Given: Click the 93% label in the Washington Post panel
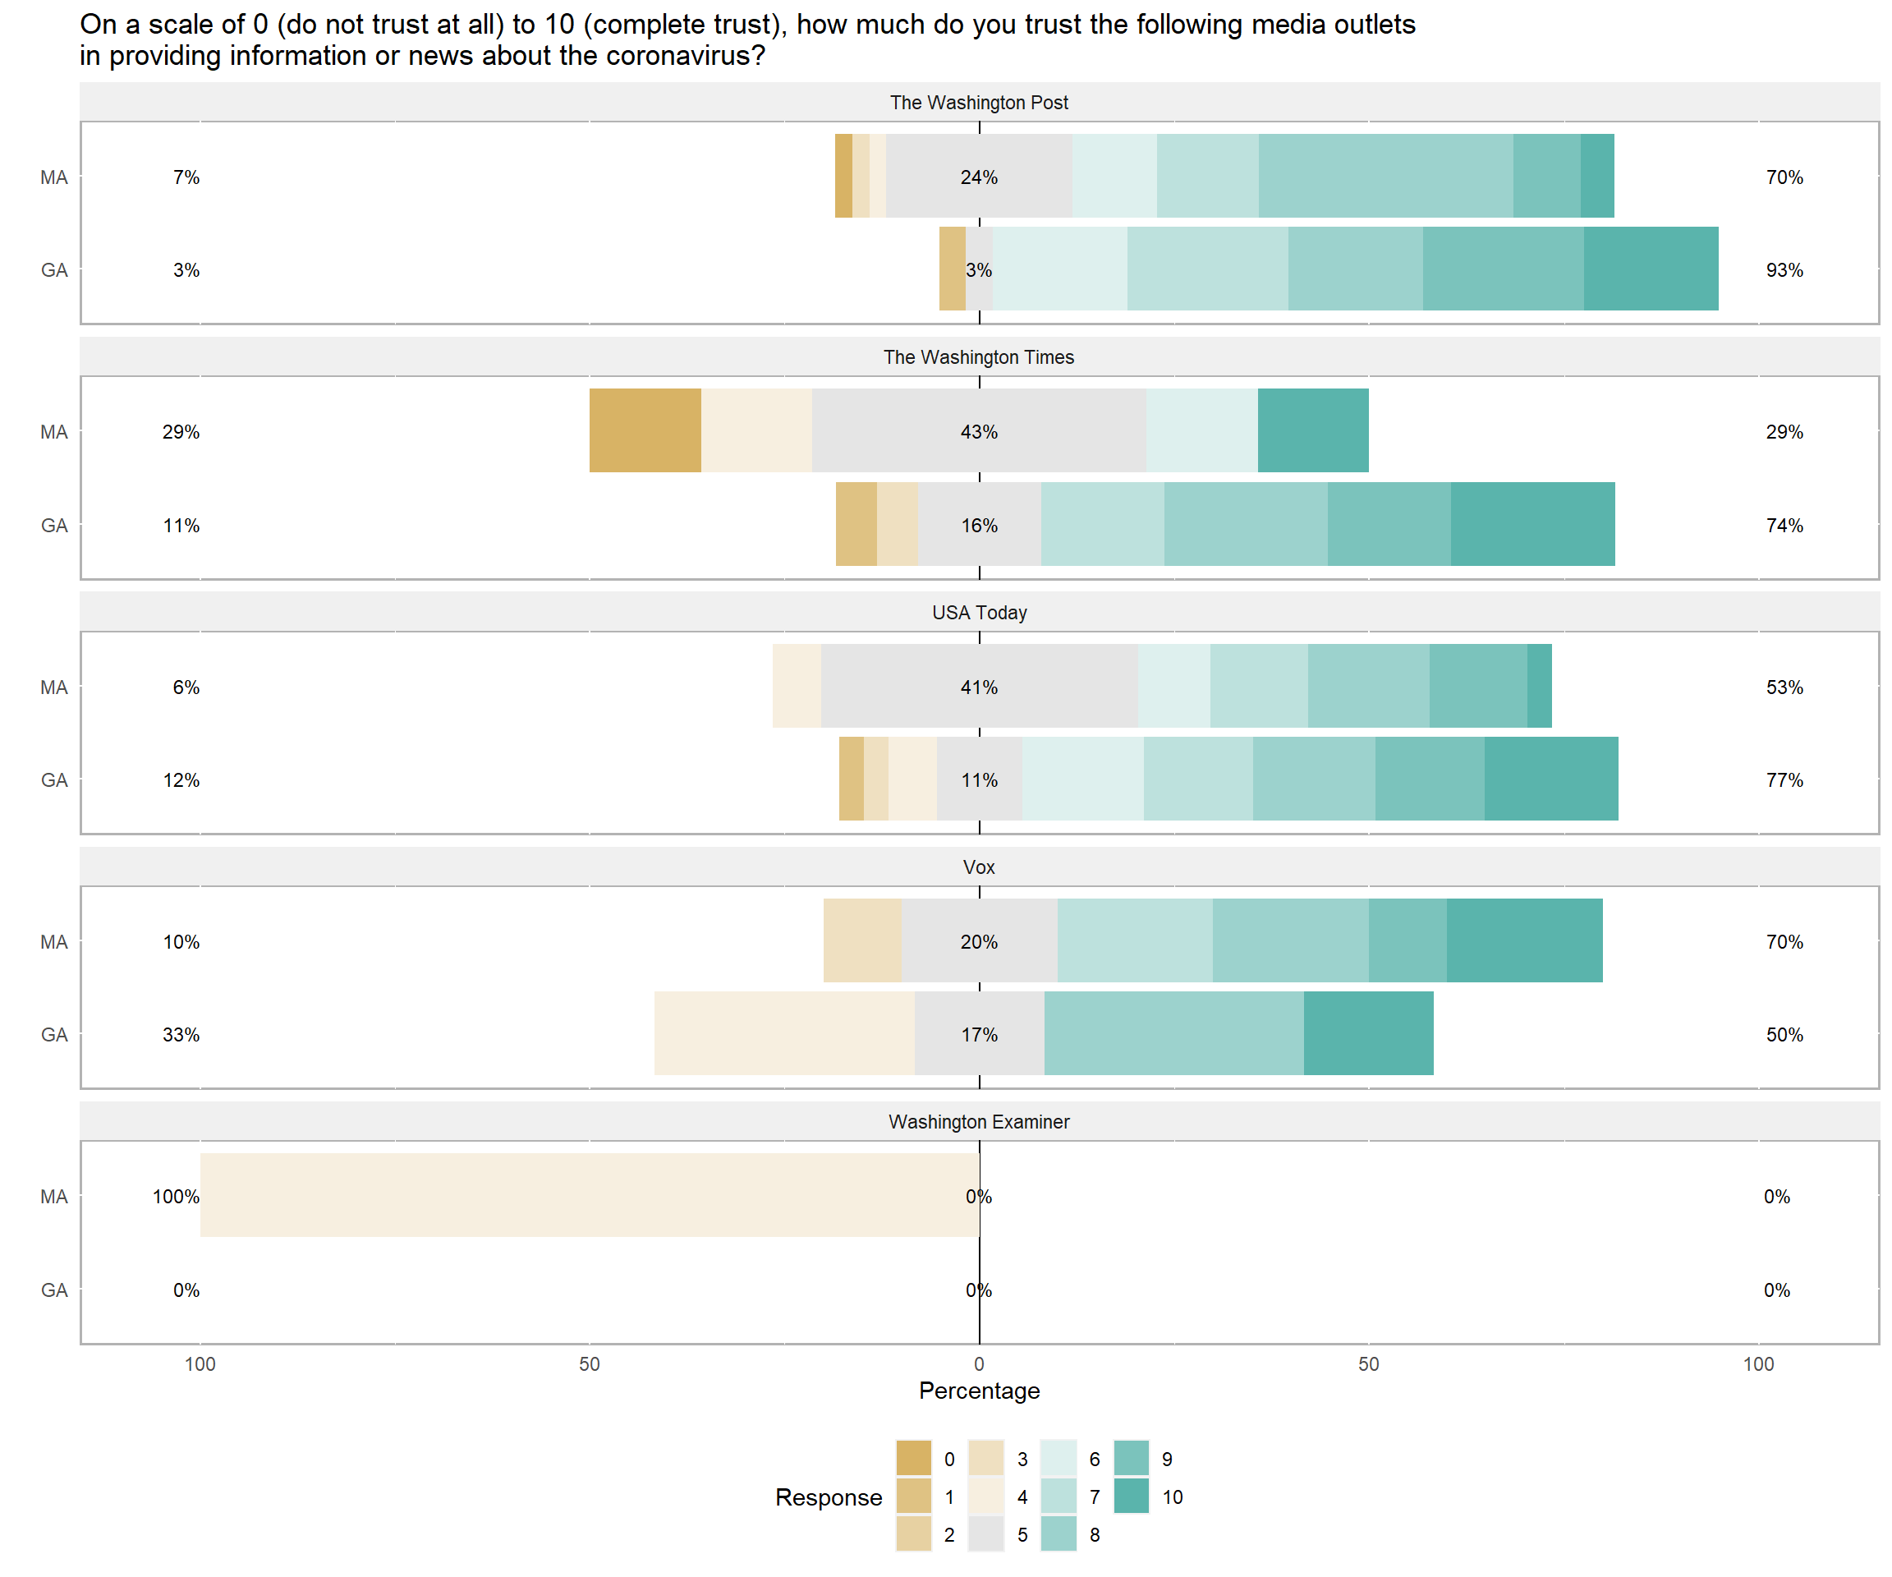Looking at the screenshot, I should [x=1784, y=270].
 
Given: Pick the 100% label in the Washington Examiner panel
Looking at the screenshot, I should [x=176, y=1197].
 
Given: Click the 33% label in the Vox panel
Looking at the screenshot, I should [x=181, y=1035].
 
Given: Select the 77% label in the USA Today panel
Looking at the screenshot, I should [x=1784, y=780].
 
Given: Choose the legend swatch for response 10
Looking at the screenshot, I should [x=1131, y=1496].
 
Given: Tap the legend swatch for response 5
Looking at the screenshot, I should [x=985, y=1533].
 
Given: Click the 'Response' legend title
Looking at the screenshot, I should [x=828, y=1497].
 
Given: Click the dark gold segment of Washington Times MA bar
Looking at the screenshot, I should [x=645, y=430].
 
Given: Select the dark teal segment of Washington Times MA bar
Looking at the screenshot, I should [x=1313, y=430].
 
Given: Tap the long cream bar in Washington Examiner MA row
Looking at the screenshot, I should [x=590, y=1195].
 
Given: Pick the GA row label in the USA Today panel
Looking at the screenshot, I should [x=54, y=780].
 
